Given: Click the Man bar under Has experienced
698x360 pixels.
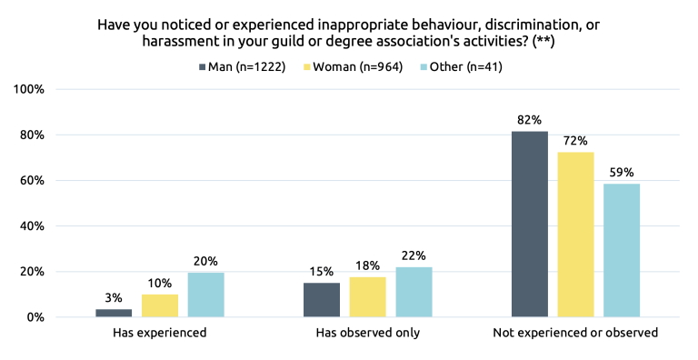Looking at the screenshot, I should (114, 313).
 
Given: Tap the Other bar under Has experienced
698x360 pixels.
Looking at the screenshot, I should (206, 295).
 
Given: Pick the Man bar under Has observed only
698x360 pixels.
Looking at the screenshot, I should (322, 300).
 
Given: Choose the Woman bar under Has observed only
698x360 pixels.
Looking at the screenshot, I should (368, 296).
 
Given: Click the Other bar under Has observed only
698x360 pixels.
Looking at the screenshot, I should (414, 292).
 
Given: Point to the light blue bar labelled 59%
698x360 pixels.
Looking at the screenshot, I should (622, 250).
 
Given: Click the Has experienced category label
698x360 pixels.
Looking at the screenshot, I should (160, 334).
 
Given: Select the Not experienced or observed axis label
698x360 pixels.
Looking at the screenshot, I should (575, 334).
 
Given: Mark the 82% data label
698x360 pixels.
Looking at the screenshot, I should (530, 119).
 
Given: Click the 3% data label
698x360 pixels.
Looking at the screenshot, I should (114, 297).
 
